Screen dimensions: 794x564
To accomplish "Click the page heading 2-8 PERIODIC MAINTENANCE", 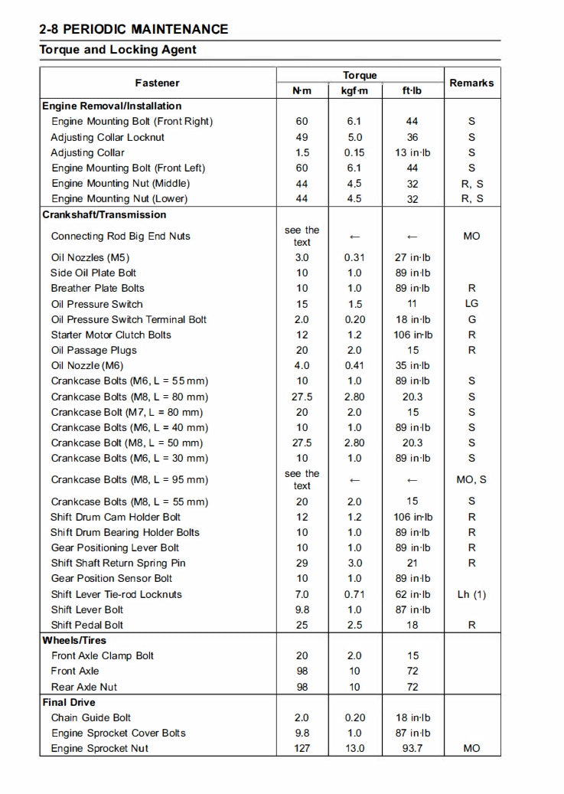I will (x=134, y=30).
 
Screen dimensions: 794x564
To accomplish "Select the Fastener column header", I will (x=158, y=83).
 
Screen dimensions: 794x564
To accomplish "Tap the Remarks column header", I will (x=471, y=83).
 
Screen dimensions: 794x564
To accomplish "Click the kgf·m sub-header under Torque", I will (x=355, y=90).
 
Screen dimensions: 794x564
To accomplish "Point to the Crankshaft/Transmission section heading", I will (x=104, y=214).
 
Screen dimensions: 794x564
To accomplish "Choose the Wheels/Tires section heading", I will (x=74, y=640).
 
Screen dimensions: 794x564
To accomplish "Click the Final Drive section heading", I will (x=69, y=702).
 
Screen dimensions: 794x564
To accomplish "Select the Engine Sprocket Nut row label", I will (x=99, y=748).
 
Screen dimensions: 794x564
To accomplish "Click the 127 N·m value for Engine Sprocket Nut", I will (x=302, y=748).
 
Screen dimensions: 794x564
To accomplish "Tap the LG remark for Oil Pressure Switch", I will (x=471, y=304).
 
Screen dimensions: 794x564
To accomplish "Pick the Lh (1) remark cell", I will (x=471, y=594).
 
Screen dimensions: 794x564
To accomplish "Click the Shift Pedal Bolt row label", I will (x=87, y=625).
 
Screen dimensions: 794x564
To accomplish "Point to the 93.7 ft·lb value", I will (x=412, y=748).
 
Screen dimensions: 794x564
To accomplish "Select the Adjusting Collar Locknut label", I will (x=108, y=137).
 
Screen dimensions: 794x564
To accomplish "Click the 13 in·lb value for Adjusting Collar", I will (x=412, y=152).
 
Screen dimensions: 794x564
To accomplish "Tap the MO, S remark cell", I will (x=471, y=480).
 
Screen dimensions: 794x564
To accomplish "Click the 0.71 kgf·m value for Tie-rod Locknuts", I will (x=355, y=594).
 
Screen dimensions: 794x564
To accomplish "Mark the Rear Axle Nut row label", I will (x=84, y=687).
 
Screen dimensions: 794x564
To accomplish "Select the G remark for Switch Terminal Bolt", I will (x=471, y=319).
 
